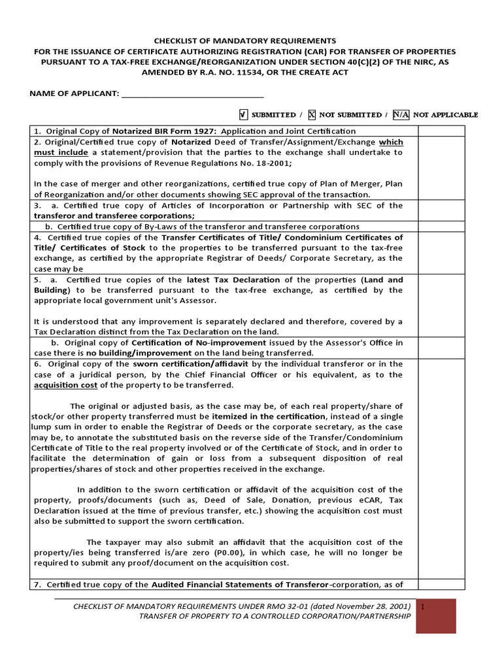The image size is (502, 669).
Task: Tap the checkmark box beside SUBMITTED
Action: pos(243,114)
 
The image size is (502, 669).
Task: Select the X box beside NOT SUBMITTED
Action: pos(312,114)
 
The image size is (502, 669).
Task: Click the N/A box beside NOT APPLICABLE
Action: pos(401,114)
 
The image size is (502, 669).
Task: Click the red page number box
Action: pos(436,616)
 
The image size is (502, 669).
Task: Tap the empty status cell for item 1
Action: pos(441,131)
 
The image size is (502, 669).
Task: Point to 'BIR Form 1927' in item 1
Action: pos(161,131)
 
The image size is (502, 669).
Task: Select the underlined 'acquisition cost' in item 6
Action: pos(64,385)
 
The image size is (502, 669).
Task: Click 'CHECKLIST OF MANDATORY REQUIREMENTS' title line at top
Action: pos(244,41)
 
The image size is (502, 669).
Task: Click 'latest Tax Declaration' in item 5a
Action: pos(223,280)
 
